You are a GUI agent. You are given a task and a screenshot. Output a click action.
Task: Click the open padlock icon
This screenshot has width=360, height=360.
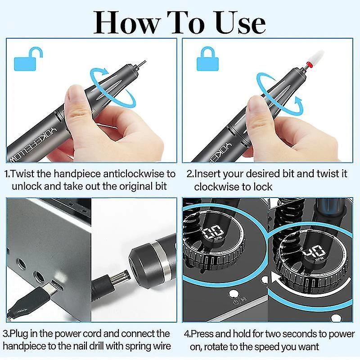click(27, 59)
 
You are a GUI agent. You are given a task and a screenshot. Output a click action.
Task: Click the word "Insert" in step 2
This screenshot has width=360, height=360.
click(207, 174)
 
